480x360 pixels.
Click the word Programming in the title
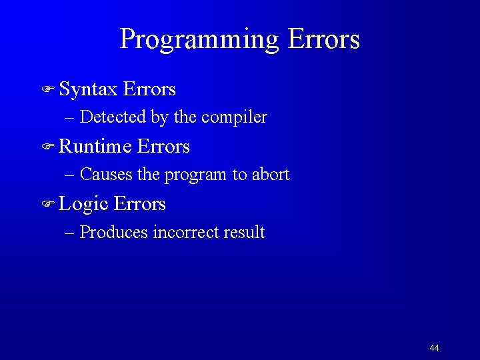point(199,40)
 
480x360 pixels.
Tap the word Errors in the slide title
point(324,39)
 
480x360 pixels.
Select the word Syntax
point(88,89)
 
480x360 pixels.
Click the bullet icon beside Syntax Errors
point(49,89)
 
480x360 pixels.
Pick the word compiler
point(234,118)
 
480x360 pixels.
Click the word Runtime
point(94,146)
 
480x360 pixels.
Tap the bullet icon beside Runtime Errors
point(49,147)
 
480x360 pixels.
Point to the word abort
point(270,175)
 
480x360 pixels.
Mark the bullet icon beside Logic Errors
point(49,204)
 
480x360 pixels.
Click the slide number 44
point(434,348)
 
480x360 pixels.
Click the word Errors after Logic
point(140,203)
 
